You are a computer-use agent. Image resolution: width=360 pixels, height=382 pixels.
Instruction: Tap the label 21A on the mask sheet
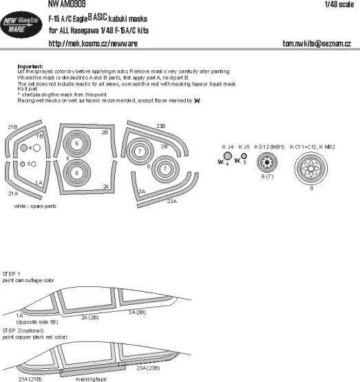pyautogui.click(x=13, y=195)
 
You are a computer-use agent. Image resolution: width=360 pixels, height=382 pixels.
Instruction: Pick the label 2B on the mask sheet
pyautogui.click(x=105, y=131)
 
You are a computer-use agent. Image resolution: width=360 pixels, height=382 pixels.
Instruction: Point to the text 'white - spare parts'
pyautogui.click(x=39, y=215)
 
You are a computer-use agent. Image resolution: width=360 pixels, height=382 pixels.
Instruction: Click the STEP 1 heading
pyautogui.click(x=13, y=273)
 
